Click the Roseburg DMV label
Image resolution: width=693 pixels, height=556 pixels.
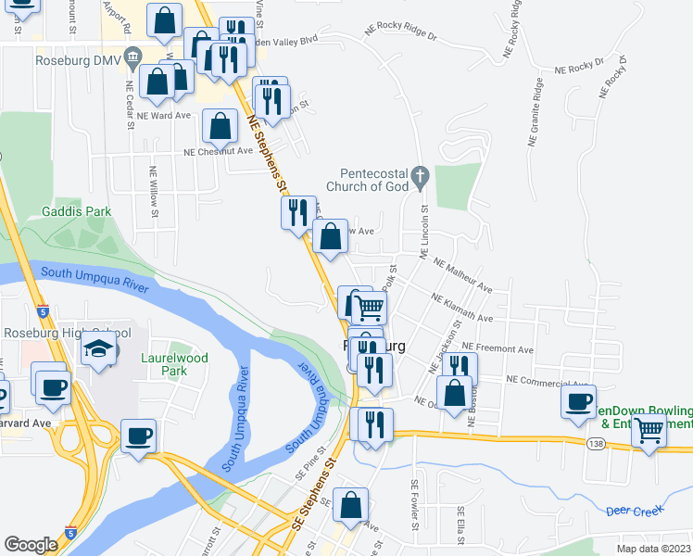coord(78,61)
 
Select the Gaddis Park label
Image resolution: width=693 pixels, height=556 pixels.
coord(77,211)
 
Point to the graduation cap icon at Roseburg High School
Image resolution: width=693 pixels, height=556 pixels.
coord(96,348)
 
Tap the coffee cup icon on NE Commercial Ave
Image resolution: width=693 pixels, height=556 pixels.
coord(579,401)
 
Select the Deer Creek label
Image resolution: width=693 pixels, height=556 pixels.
coord(633,511)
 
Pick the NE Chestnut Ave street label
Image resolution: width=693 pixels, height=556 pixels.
coord(218,151)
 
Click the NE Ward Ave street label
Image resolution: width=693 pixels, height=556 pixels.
coord(163,116)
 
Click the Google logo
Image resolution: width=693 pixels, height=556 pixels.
coord(31,545)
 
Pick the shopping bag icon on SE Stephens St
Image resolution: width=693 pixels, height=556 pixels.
coord(351,505)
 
